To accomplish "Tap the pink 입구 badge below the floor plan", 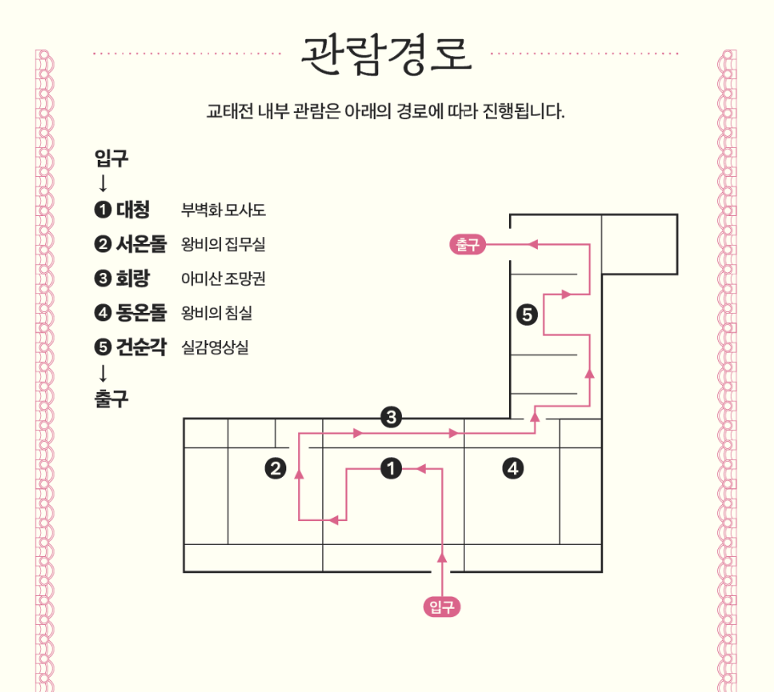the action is [x=442, y=606].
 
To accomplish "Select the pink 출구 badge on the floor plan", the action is [x=467, y=245].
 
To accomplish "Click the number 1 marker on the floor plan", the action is [x=391, y=468].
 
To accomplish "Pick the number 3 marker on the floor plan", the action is [x=391, y=417].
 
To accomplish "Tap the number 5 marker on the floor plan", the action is [x=527, y=315].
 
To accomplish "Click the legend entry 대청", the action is [x=132, y=209].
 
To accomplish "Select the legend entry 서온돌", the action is [x=141, y=244].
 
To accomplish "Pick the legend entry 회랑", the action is [x=132, y=278].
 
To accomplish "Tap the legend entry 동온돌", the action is [x=141, y=313].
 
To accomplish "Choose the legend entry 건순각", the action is [x=140, y=347].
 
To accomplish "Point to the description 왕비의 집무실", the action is [x=223, y=245].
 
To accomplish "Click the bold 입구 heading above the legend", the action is [x=111, y=158].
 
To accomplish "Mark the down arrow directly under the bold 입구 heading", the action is [x=103, y=183].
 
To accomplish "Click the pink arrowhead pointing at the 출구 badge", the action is [x=533, y=245].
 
